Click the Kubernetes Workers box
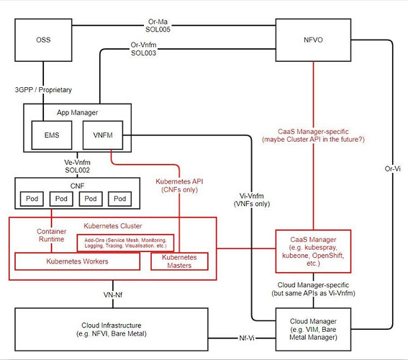[x=78, y=261]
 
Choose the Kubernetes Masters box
[x=179, y=261]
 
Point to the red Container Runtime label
[x=52, y=236]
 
